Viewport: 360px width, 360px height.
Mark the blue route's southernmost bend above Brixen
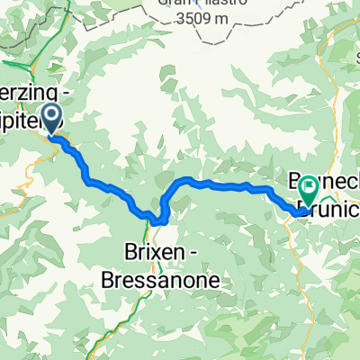coord(158,220)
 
